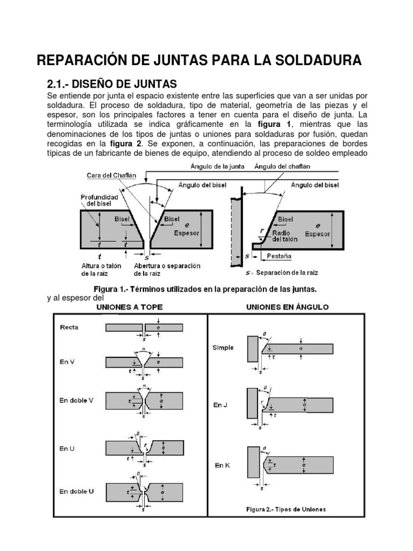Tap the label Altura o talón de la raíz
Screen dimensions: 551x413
pos(101,270)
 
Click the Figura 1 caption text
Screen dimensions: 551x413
pos(205,288)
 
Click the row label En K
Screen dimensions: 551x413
pos(222,465)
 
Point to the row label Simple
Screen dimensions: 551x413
pos(223,348)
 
